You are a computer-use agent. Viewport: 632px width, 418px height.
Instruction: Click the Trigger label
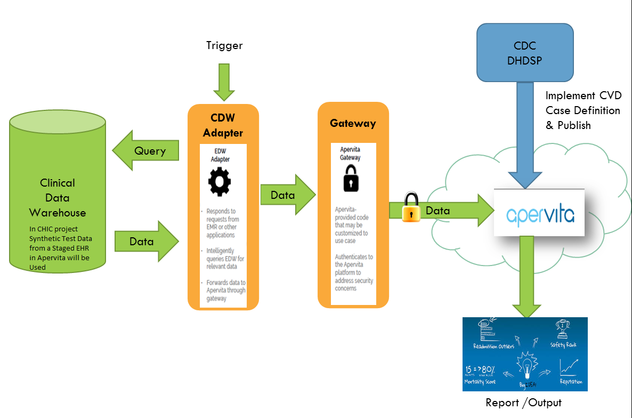[224, 45]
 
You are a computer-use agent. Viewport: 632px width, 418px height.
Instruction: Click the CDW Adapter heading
[223, 125]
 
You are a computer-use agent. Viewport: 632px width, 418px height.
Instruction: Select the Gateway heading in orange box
[353, 123]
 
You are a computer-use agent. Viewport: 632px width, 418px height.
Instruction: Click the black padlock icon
[351, 178]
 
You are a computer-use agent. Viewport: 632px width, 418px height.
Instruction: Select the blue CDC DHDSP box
[525, 53]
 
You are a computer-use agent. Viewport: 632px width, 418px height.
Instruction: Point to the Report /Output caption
[524, 402]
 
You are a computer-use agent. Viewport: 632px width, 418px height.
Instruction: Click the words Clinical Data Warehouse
[58, 198]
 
